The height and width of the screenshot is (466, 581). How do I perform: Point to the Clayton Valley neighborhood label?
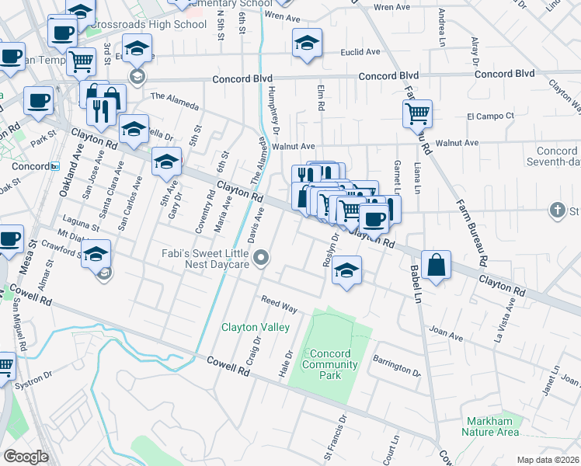pos(256,328)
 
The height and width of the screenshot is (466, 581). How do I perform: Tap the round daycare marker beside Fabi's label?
pos(263,258)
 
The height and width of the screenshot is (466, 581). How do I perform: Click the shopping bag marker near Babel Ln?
pos(437,263)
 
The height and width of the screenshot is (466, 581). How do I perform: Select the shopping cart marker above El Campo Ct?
pos(417,114)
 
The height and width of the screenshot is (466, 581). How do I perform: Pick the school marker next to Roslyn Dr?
pos(347,272)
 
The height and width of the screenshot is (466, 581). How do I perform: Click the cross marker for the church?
pos(556,210)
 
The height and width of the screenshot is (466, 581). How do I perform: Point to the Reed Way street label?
pos(280,304)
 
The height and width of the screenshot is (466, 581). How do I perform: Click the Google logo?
pos(26,457)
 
